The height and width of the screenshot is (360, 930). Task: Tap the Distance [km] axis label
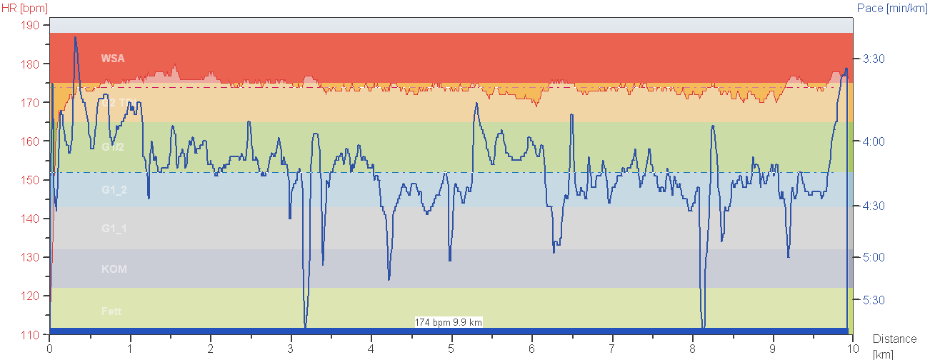[x=893, y=346]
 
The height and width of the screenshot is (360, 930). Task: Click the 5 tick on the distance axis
[x=451, y=349]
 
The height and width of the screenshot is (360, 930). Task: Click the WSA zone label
[x=113, y=59]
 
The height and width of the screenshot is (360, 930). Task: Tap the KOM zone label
[x=114, y=269]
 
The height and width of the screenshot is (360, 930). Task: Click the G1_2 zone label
[x=114, y=190]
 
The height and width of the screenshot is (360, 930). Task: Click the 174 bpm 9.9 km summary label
[x=449, y=323]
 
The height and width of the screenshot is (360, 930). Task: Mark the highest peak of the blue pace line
[x=75, y=37]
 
